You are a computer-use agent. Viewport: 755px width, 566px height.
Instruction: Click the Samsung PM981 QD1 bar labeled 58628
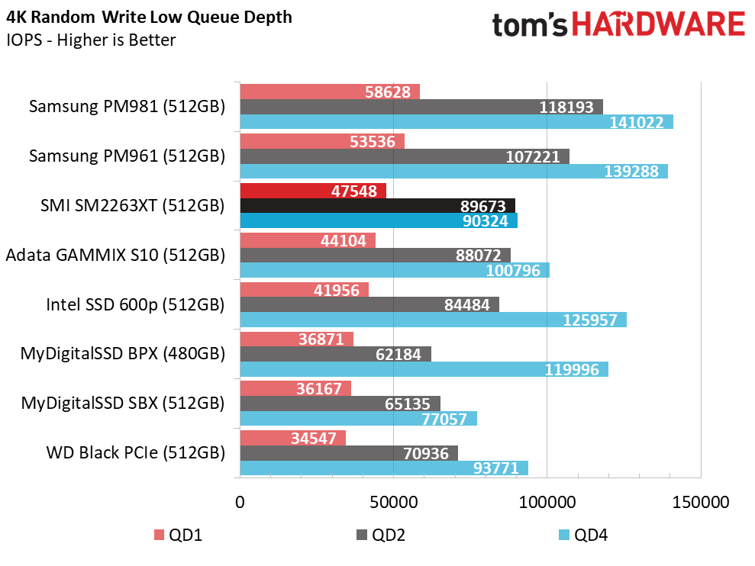(330, 92)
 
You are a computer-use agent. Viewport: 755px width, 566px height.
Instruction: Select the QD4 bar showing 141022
(457, 122)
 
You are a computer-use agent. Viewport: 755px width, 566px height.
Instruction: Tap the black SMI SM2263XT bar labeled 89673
(377, 205)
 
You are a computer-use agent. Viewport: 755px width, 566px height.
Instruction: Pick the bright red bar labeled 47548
(313, 191)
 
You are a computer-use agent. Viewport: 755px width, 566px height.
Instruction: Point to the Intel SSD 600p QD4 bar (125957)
(434, 320)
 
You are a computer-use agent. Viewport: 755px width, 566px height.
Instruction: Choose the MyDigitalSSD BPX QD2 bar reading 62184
(336, 354)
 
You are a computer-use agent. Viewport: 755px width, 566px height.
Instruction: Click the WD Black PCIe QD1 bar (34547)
(292, 438)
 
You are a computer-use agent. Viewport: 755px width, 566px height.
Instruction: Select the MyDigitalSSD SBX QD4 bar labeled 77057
(359, 418)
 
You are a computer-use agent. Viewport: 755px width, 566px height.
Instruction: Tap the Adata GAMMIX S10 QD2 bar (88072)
(375, 255)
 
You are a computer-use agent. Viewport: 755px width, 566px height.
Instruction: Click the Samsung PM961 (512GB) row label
(127, 156)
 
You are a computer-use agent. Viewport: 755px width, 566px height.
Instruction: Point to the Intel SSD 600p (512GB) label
(135, 304)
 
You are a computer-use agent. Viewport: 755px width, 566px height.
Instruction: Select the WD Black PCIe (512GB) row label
(136, 453)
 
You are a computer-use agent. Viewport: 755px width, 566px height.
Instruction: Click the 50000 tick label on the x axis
(393, 502)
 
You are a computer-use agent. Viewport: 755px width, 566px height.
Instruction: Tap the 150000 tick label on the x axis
(701, 502)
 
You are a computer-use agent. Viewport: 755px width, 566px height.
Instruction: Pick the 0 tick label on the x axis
(240, 502)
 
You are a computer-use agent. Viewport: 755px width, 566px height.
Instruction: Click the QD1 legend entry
(178, 535)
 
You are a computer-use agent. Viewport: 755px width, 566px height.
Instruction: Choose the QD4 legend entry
(583, 535)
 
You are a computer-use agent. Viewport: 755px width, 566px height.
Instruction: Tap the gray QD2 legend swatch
(362, 535)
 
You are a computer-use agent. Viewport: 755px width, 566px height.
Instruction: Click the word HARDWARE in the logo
(658, 24)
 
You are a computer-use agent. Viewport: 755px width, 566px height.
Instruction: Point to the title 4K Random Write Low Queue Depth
(150, 18)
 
